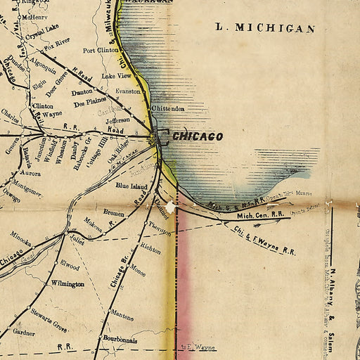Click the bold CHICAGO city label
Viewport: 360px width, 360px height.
[198, 136]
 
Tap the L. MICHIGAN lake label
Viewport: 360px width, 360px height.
[265, 28]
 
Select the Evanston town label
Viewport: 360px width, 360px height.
[127, 91]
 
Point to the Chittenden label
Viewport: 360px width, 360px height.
[168, 109]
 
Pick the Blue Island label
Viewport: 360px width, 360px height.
[132, 186]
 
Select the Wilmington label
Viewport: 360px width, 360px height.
[67, 284]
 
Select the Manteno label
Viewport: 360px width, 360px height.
[122, 316]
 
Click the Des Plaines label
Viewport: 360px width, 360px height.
[89, 102]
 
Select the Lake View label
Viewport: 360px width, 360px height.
[116, 75]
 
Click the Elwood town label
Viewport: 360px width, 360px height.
[69, 265]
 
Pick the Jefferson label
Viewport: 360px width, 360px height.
[117, 120]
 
